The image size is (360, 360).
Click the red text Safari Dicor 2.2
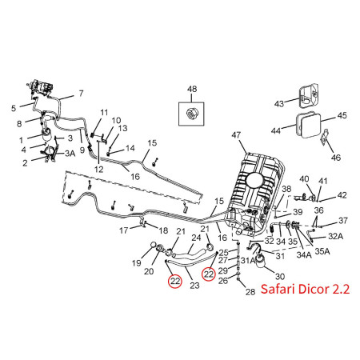click(x=305, y=289)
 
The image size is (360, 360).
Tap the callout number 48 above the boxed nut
click(x=192, y=89)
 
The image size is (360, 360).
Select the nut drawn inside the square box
click(x=190, y=114)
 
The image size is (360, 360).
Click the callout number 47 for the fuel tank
click(x=236, y=135)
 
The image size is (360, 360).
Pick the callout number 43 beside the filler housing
click(x=279, y=104)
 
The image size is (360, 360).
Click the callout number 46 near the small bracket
click(x=336, y=158)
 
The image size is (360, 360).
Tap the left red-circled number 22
click(x=175, y=281)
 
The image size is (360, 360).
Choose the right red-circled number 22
click(x=209, y=274)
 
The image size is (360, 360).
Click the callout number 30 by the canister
click(x=280, y=276)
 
